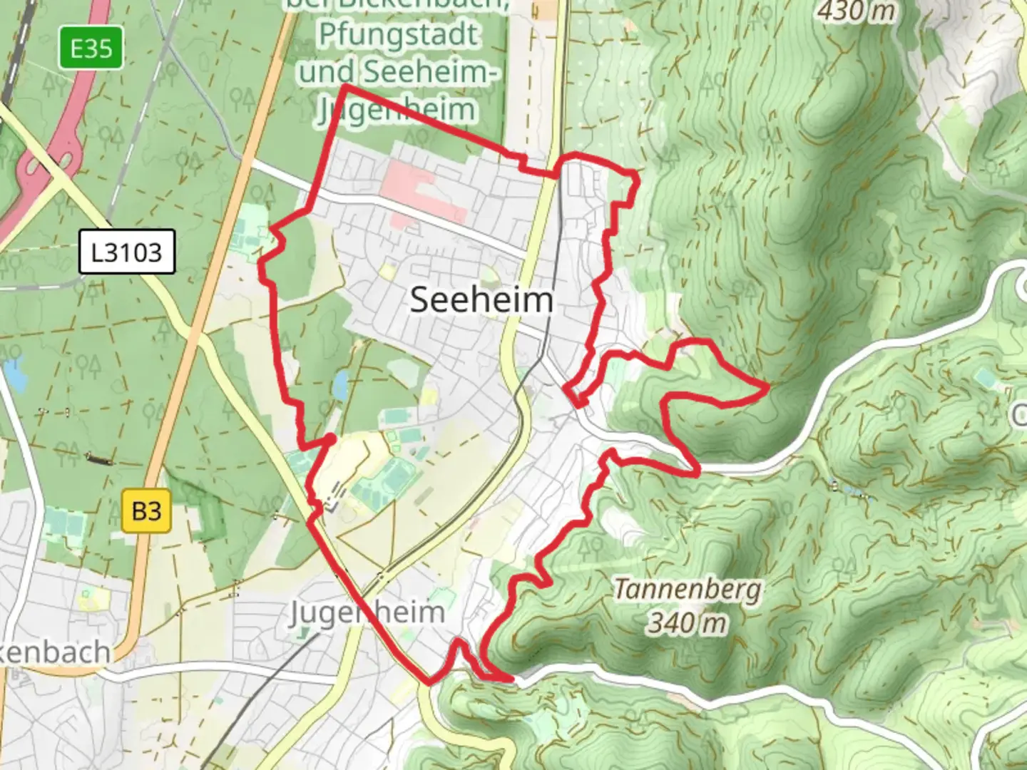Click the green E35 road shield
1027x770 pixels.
(91, 48)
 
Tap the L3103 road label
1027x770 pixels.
(126, 252)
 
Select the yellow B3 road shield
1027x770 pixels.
(146, 511)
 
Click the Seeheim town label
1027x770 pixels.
(481, 299)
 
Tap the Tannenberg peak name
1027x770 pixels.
(688, 590)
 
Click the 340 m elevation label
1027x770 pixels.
(688, 623)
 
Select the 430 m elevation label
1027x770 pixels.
(856, 11)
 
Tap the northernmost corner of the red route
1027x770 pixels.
(345, 86)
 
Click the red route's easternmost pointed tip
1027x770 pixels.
(767, 388)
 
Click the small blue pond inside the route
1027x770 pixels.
(340, 385)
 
